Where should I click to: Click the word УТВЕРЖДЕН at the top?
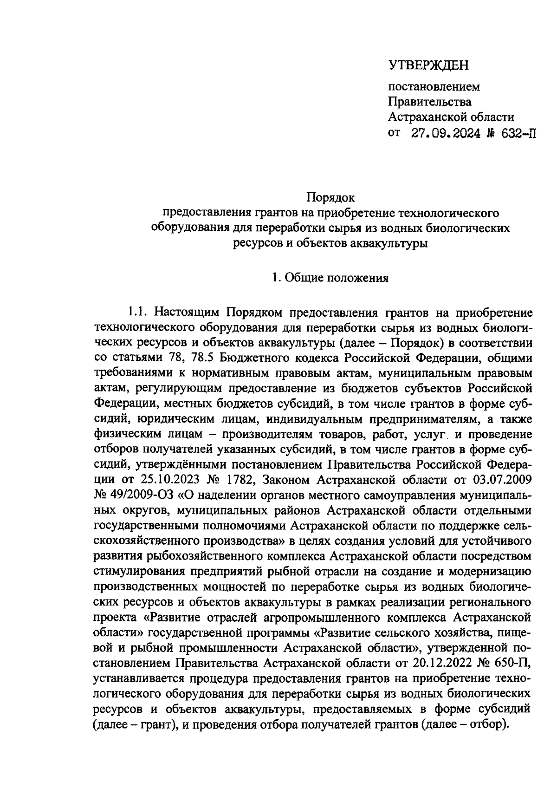428,65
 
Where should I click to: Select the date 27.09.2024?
445,134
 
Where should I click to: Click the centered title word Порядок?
330,198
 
